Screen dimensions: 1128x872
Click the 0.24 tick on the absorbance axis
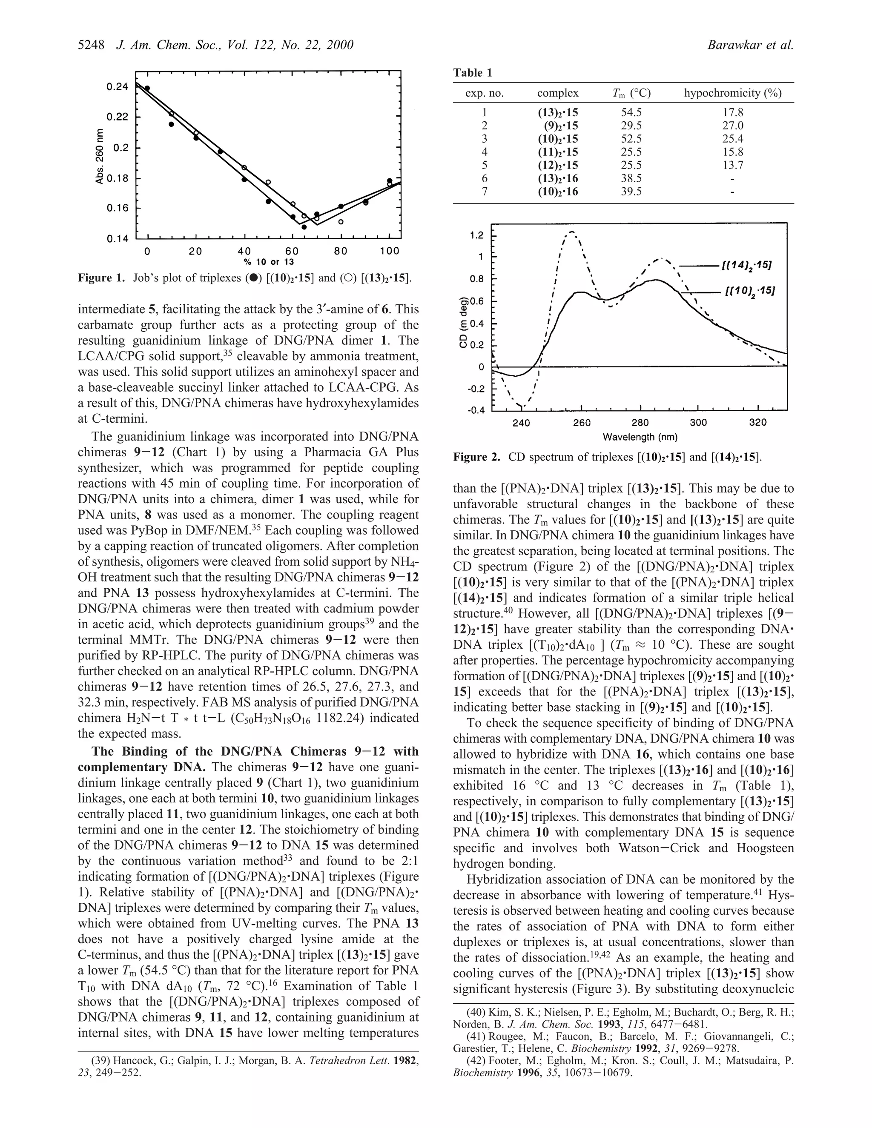[117, 87]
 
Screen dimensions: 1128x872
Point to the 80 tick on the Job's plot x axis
[341, 252]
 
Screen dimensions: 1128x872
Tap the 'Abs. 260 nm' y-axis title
[99, 157]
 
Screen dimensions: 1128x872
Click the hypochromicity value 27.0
[732, 126]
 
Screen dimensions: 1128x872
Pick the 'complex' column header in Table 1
[557, 94]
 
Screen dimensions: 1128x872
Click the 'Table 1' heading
[473, 73]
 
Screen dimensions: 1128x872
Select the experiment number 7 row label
[484, 192]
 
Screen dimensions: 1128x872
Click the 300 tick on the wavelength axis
[698, 423]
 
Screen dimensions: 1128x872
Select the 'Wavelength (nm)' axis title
[640, 438]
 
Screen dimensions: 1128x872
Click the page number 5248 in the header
[92, 46]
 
